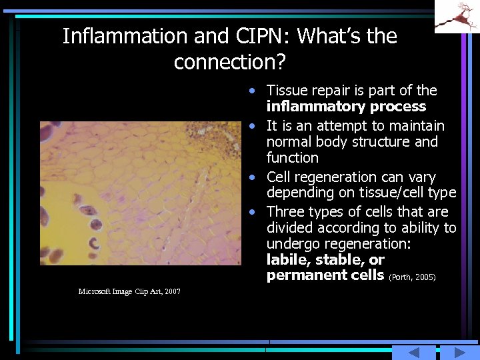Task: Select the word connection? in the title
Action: coord(229,62)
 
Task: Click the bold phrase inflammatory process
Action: coord(346,107)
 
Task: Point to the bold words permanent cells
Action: coord(325,275)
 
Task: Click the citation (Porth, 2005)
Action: coord(411,277)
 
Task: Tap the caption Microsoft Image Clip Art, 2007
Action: coord(129,291)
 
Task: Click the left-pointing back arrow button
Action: coord(413,353)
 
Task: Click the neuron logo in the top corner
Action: coord(457,17)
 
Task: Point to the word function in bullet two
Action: coord(293,158)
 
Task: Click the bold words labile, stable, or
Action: coord(325,259)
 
